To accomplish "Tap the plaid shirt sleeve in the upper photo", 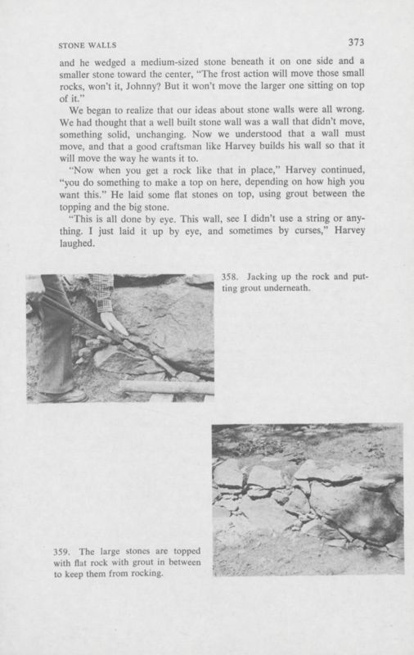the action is (101, 291).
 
